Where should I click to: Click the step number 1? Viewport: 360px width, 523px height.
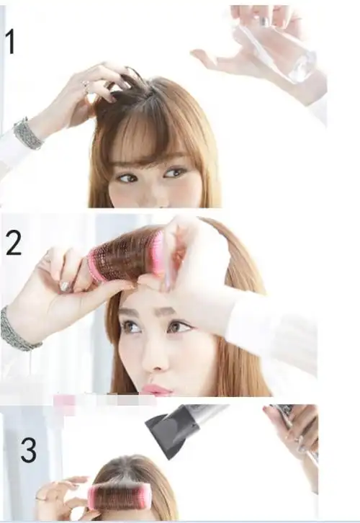tap(11, 41)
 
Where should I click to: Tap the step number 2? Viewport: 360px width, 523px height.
tap(14, 243)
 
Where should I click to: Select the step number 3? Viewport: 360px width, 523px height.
tap(28, 450)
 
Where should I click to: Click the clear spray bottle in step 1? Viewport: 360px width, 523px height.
tap(274, 49)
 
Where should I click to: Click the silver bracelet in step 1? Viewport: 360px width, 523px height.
tap(27, 133)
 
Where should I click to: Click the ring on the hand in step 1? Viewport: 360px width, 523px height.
tap(86, 87)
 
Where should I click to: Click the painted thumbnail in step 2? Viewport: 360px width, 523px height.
tap(65, 286)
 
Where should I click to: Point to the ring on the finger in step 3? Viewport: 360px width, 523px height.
tap(40, 499)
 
